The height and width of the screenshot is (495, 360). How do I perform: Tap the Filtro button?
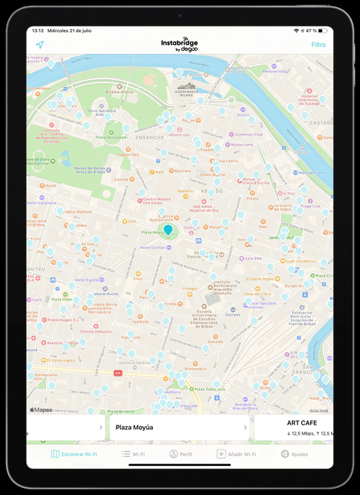(319, 45)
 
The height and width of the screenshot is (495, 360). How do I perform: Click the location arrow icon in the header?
(40, 45)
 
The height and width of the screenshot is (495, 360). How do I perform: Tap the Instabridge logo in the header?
(180, 45)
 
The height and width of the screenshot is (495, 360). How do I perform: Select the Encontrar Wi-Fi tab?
(74, 454)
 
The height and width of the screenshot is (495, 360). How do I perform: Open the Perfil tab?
(181, 454)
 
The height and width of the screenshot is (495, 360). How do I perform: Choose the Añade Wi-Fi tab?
(236, 454)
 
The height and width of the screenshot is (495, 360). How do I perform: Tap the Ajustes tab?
(294, 454)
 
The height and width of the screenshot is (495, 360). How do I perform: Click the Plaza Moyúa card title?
(135, 428)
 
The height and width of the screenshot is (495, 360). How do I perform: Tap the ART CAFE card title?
(302, 423)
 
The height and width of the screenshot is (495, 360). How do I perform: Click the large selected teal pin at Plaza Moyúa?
(168, 229)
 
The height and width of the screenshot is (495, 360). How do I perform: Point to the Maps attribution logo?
(41, 409)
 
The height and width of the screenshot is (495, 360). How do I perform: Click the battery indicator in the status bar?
(322, 31)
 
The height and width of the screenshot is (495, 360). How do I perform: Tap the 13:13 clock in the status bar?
(37, 31)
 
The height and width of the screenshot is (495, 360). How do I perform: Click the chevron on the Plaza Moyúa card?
(245, 428)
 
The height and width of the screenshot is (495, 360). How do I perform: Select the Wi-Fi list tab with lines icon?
(133, 454)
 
